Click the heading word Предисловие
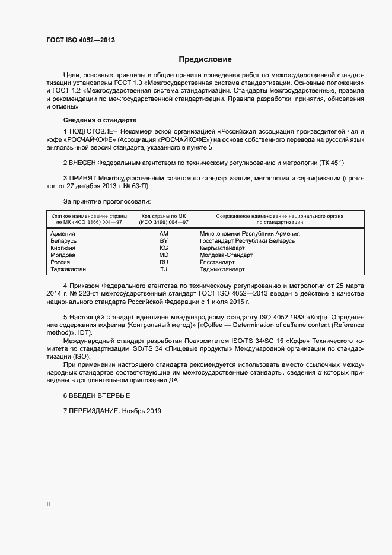coord(206,59)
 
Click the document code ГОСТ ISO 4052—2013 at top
coord(81,40)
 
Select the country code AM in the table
coord(164,234)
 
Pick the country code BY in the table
coord(164,241)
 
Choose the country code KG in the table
coord(164,248)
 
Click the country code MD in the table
coord(164,255)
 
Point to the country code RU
coord(164,262)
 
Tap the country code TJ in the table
coord(164,269)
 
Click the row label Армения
coord(63,234)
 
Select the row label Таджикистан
coord(68,269)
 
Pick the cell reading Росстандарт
coord(217,262)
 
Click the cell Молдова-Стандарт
coord(226,255)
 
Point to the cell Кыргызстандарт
coord(222,248)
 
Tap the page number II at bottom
coord(48,504)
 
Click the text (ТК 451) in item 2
coord(330,163)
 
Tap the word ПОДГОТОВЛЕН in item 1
coord(93,131)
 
